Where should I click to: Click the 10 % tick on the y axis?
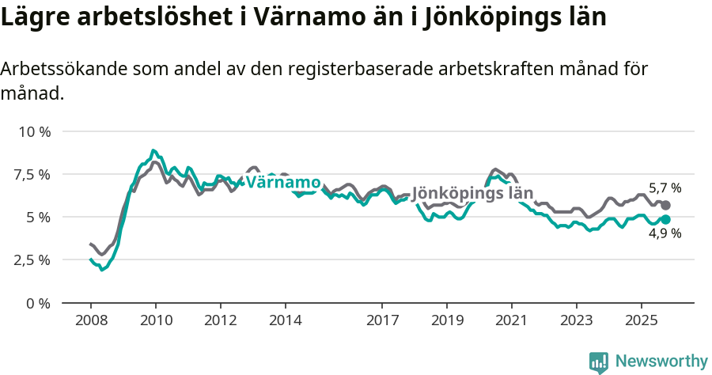pyautogui.click(x=34, y=131)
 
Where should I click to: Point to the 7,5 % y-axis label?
pyautogui.click(x=32, y=174)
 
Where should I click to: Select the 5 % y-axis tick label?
pyautogui.click(x=38, y=217)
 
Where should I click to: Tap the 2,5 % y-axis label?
pyautogui.click(x=32, y=260)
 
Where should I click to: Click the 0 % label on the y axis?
pyautogui.click(x=38, y=303)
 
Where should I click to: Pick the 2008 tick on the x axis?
pyautogui.click(x=90, y=321)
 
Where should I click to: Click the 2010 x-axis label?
pyautogui.click(x=155, y=321)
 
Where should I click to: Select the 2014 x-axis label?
pyautogui.click(x=285, y=321)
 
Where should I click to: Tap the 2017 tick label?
pyautogui.click(x=382, y=321)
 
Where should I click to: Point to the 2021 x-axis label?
pyautogui.click(x=512, y=321)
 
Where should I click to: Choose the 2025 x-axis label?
pyautogui.click(x=642, y=321)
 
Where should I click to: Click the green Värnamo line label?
pyautogui.click(x=282, y=182)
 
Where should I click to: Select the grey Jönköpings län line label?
pyautogui.click(x=472, y=193)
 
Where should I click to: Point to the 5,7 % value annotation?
pyautogui.click(x=665, y=188)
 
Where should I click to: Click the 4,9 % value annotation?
pyautogui.click(x=665, y=233)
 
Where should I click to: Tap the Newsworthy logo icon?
pyautogui.click(x=599, y=362)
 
